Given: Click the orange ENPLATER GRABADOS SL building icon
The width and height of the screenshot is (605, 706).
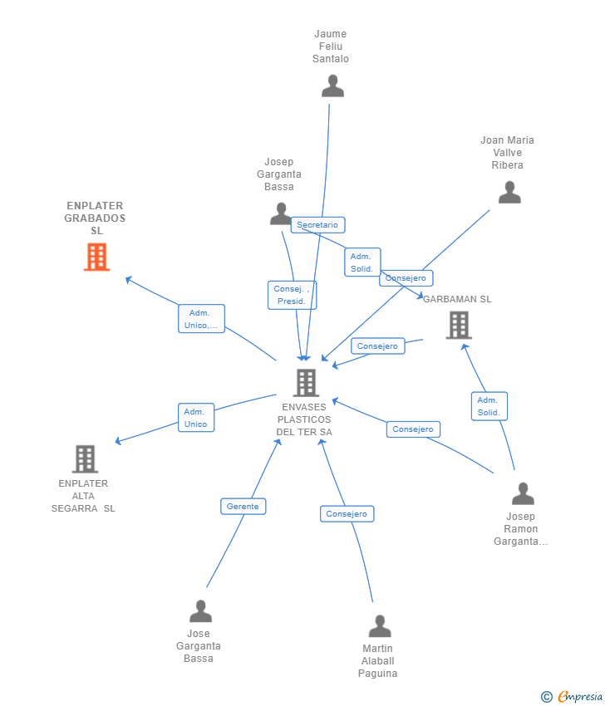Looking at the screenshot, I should coord(97,257).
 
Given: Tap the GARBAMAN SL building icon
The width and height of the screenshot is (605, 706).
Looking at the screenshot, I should coord(459,325).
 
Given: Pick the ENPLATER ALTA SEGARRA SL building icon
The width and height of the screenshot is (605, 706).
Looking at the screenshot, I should coord(85,458).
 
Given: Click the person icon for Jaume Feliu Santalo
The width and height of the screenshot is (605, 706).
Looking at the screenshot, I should coord(332,86).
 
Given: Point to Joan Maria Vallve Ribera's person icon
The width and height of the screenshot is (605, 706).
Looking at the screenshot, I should coord(509,193).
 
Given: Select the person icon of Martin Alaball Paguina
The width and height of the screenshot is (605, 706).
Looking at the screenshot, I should coord(380,626).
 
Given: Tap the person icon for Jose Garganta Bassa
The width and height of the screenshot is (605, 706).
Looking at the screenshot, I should coord(200,611).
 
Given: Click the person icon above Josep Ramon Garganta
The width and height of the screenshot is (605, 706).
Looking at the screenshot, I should coord(523,493).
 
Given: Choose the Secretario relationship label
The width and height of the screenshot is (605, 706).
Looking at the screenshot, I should coord(317,225).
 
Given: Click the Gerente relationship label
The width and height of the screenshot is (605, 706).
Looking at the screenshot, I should coord(243,507).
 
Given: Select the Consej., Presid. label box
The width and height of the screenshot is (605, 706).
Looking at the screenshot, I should coord(292,295).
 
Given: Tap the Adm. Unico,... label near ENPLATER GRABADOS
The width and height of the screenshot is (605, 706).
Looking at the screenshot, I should coord(201,319).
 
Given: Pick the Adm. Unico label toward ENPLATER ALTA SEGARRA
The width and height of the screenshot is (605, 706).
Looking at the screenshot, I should coord(196,418).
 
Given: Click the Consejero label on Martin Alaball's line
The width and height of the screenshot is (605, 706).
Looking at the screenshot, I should coord(347,514).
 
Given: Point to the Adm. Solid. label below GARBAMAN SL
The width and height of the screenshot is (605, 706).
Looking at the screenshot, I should coord(489,406).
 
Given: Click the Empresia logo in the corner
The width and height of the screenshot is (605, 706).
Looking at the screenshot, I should coord(572,696).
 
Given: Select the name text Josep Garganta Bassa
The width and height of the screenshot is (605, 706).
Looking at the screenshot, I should coord(279,174).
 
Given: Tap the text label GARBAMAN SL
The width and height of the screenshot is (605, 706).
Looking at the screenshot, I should coord(458,299).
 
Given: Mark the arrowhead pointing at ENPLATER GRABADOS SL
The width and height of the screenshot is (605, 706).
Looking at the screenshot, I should coord(128,280).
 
